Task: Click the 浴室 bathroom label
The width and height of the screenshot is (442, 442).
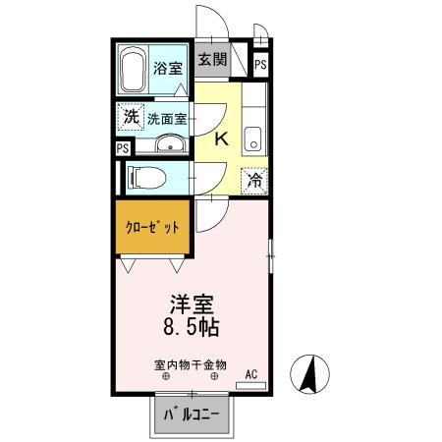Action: (168, 69)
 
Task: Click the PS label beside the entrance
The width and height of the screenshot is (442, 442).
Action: (260, 65)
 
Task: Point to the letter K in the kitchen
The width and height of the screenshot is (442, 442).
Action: (221, 139)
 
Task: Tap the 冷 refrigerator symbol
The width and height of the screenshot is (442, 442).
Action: (254, 181)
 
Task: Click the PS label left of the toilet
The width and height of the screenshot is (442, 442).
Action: (122, 149)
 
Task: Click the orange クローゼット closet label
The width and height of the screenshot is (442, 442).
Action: (152, 228)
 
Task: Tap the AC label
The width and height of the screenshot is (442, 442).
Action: (251, 373)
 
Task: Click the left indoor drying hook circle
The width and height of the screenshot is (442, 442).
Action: (163, 376)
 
